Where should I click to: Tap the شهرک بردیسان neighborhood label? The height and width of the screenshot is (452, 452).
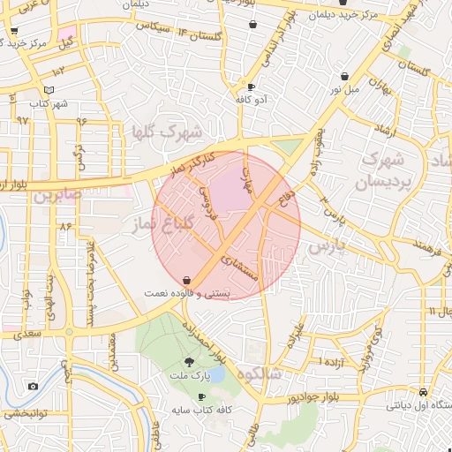pos(381,172)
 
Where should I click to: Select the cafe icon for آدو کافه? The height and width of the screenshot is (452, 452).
pos(252,87)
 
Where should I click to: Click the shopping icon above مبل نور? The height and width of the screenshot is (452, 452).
pos(343,76)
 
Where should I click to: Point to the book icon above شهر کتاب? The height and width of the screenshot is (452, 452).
pos(49,90)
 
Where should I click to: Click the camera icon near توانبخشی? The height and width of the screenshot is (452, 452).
pos(33,386)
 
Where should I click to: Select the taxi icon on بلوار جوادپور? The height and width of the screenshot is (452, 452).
pos(425,392)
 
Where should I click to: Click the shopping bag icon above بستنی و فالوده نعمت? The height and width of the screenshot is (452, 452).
pos(186,280)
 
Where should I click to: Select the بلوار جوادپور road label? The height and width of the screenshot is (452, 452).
pos(290,396)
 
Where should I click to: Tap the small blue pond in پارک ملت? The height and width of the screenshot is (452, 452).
pos(217,374)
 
